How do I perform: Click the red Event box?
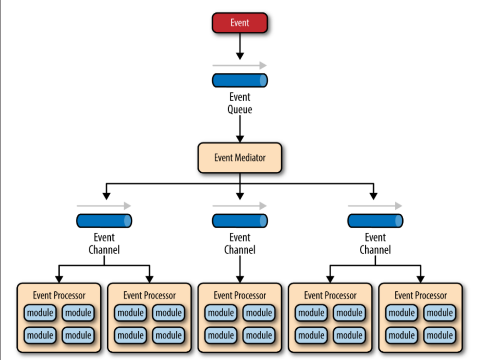240,23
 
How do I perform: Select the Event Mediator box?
240,157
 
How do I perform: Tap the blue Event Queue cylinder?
240,81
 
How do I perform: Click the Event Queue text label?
240,103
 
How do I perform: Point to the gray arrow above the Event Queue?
240,66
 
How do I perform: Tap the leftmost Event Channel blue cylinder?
104,221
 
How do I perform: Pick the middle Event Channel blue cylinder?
240,221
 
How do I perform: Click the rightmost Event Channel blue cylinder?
375,221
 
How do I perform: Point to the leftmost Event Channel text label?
104,244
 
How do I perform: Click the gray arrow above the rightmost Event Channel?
375,206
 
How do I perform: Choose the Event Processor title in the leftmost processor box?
59,295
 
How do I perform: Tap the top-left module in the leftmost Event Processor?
41,313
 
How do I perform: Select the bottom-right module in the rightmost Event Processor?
439,335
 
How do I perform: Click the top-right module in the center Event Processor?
259,313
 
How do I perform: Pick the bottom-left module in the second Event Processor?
131,335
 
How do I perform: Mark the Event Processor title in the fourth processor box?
330,295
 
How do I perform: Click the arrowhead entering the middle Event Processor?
240,279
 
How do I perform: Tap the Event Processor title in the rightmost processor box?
420,295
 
